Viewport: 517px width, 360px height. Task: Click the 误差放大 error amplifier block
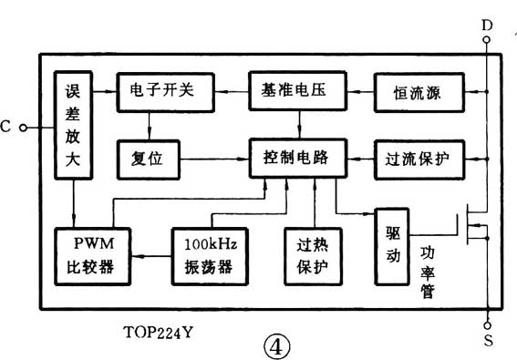(74, 128)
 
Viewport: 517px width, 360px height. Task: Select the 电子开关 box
(163, 92)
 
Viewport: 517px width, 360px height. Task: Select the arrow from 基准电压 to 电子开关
(231, 92)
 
